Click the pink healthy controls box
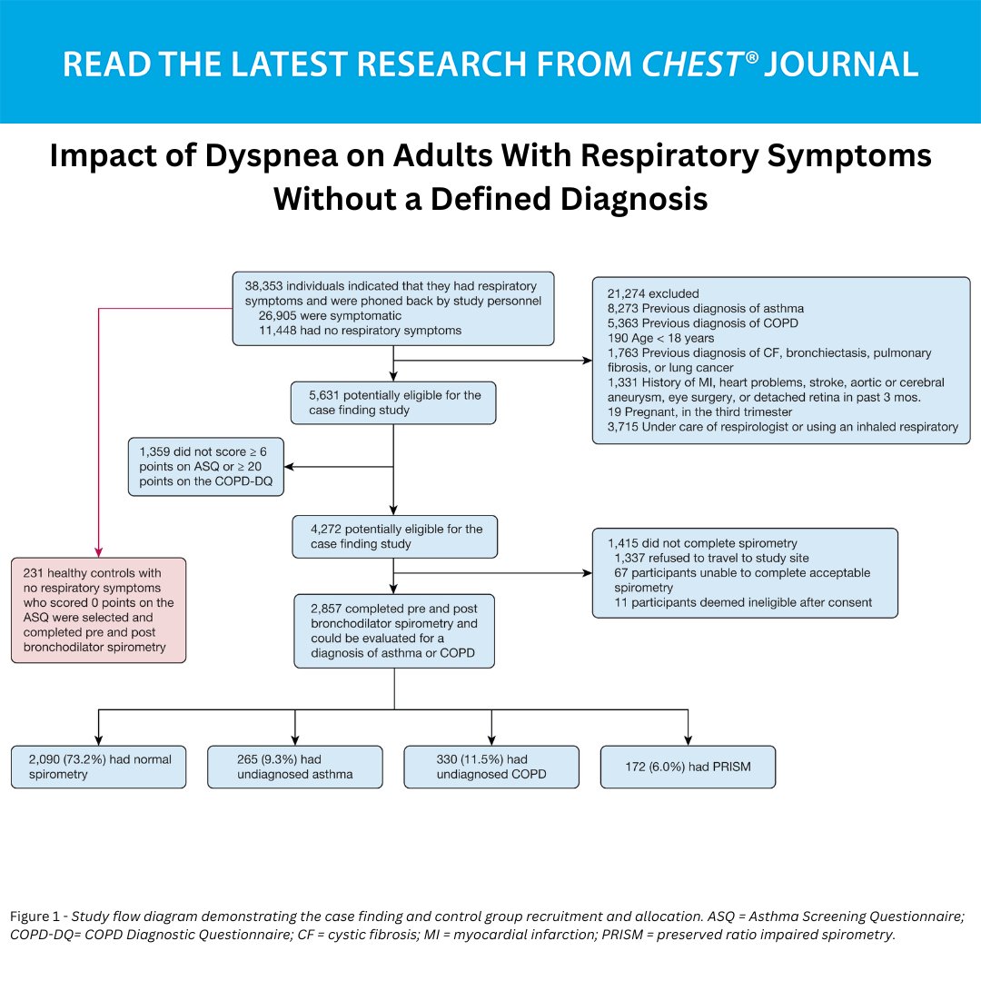point(99,609)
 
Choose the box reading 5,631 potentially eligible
point(393,402)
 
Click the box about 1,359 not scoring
point(206,467)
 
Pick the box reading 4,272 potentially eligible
point(394,536)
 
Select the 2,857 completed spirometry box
point(394,631)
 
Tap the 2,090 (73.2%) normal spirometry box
point(99,767)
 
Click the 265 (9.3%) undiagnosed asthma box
point(295,767)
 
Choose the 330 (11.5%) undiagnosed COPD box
point(491,767)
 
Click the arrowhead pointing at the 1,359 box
point(290,468)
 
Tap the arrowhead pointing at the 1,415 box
point(587,573)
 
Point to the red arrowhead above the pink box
point(98,552)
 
